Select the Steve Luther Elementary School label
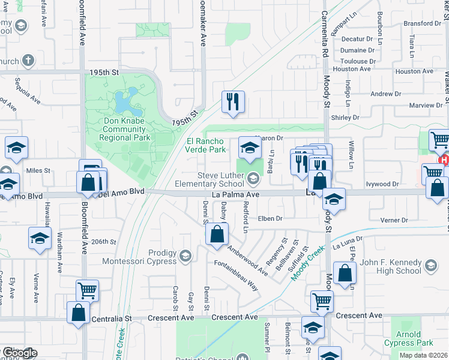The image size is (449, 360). click(x=214, y=179)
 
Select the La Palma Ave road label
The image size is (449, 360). click(x=235, y=194)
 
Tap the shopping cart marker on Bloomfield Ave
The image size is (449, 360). click(x=87, y=290)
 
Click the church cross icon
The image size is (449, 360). click(x=28, y=61)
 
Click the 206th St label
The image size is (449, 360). click(x=103, y=241)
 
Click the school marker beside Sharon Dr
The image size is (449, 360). click(x=250, y=147)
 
